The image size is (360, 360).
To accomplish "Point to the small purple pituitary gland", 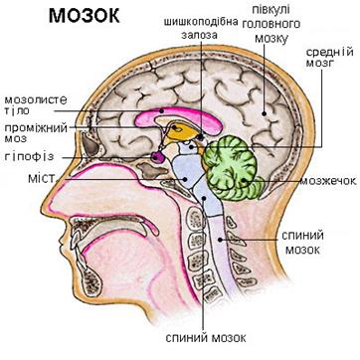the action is coord(159,157).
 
